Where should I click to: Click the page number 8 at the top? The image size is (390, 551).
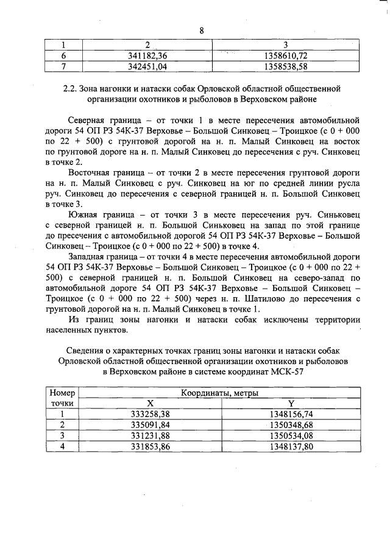pyautogui.click(x=200, y=31)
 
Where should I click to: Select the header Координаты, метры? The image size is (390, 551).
pyautogui.click(x=219, y=394)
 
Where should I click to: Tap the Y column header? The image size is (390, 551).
pyautogui.click(x=291, y=403)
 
